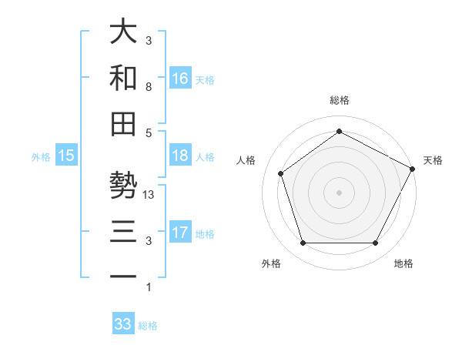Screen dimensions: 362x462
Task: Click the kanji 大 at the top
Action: [123, 32]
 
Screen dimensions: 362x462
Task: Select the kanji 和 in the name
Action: [123, 79]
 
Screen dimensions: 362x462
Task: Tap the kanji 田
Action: [123, 125]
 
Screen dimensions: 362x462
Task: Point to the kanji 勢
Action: [123, 186]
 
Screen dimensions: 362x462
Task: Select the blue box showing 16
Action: [180, 79]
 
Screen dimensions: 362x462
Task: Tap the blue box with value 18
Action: [180, 156]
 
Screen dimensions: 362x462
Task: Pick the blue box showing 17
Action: [180, 233]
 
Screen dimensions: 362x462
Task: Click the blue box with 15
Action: [66, 156]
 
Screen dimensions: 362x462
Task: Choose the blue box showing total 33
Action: [123, 324]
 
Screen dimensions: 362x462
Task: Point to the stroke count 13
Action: [149, 195]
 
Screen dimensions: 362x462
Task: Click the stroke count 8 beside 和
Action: [148, 87]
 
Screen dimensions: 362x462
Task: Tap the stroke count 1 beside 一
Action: [148, 287]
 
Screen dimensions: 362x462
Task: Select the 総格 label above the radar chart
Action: [339, 100]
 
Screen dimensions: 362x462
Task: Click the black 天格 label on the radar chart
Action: [433, 160]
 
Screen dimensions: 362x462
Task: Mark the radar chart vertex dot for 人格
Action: [280, 173]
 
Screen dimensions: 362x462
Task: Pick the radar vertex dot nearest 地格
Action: [375, 243]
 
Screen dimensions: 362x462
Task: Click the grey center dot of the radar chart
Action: [339, 192]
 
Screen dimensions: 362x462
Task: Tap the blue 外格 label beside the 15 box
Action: [41, 156]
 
